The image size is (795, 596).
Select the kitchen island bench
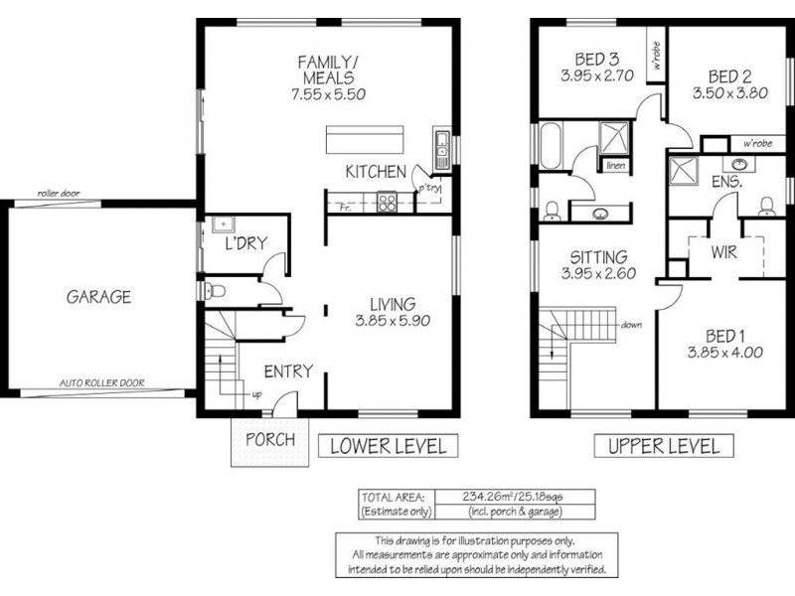[x=367, y=136]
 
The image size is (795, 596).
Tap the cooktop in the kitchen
[x=387, y=203]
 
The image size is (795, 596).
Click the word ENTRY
[x=289, y=372]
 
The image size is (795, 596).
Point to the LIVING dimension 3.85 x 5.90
[x=390, y=322]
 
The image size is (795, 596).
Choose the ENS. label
[x=725, y=184]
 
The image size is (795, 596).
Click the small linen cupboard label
[x=615, y=165]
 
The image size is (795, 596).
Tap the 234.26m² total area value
[x=493, y=497]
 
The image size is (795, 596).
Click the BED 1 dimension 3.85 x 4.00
[x=725, y=352]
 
